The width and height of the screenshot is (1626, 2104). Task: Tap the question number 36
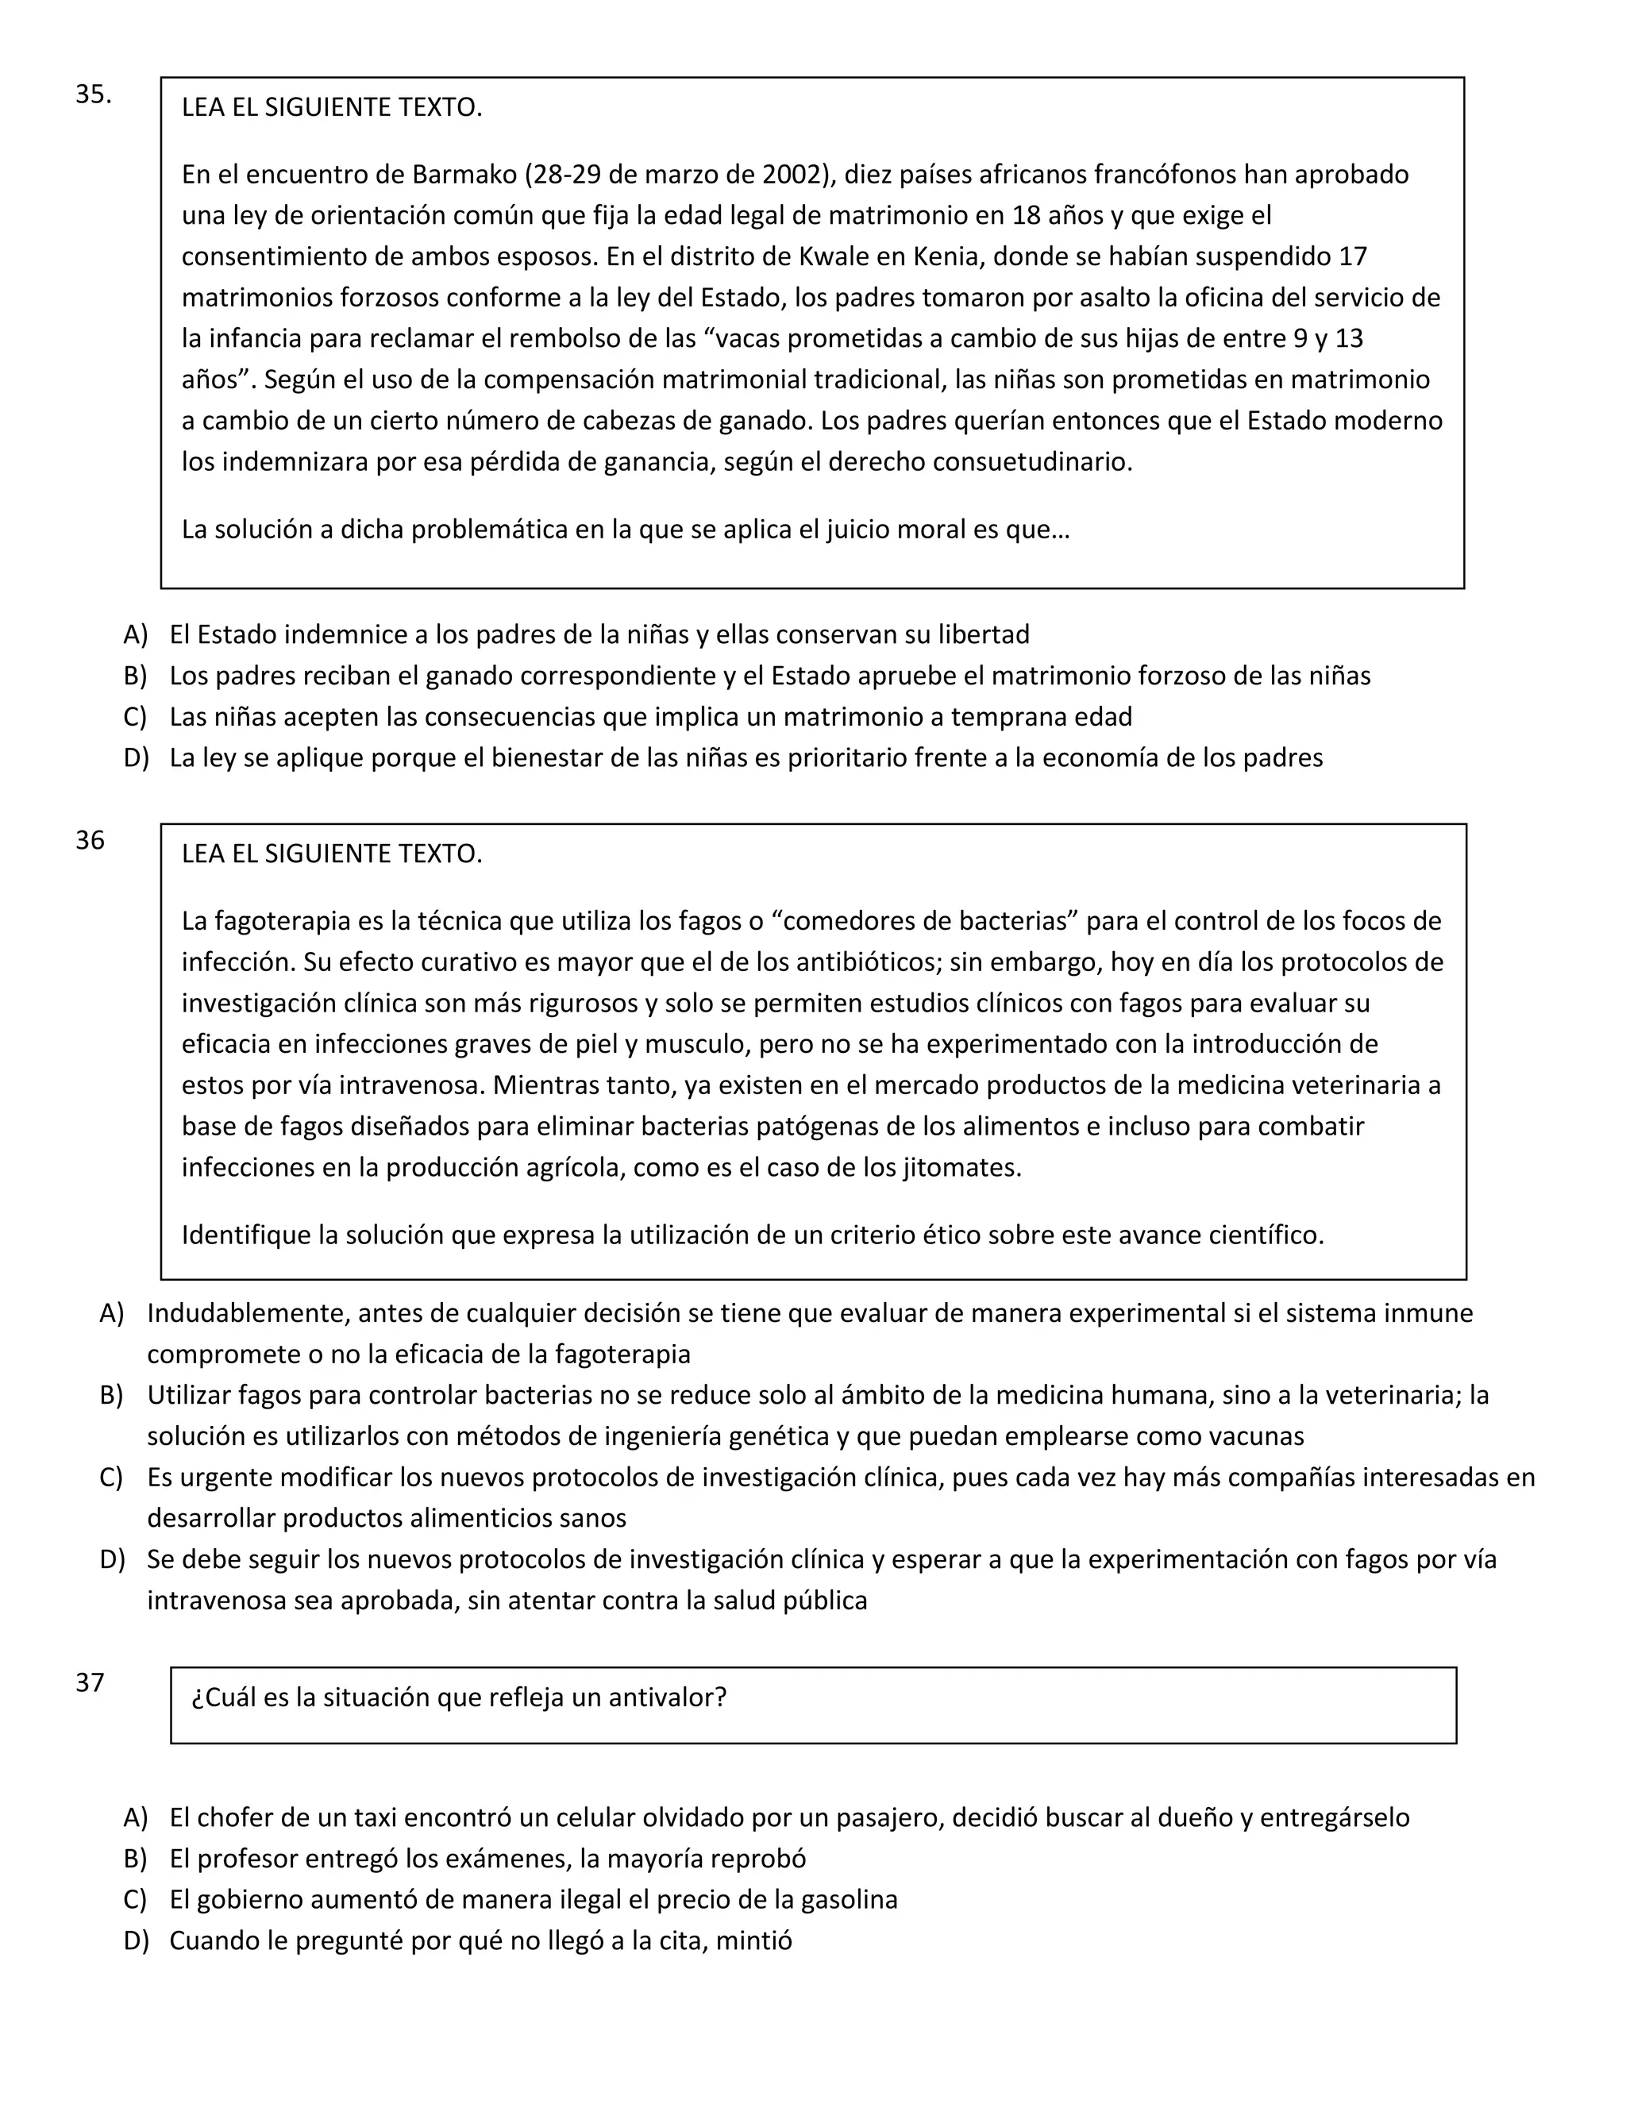[90, 840]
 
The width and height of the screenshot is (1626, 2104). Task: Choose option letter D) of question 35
[136, 757]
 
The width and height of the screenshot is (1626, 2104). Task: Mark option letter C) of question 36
[111, 1477]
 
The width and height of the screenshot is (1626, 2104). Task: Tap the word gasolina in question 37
[849, 1900]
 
